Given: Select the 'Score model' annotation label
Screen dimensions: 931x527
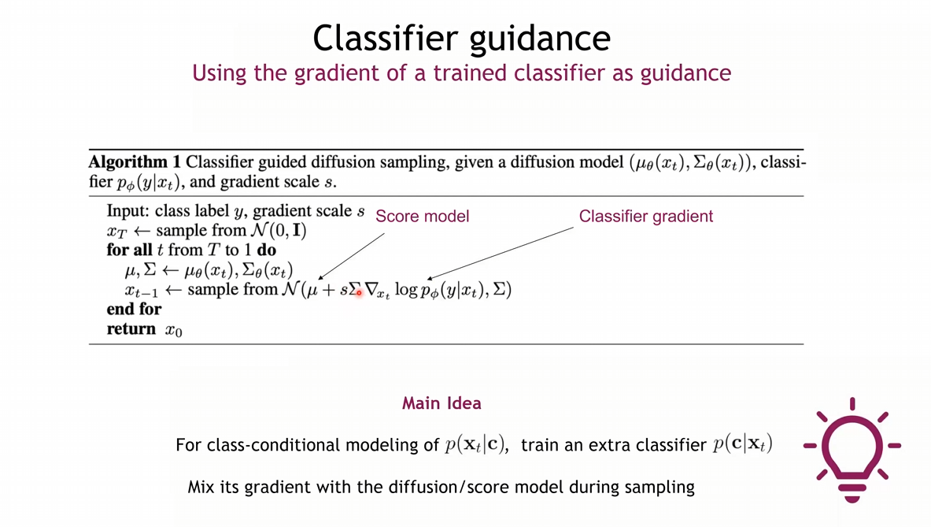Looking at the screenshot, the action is click(422, 217).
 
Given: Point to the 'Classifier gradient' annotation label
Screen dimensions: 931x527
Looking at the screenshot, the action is click(646, 217).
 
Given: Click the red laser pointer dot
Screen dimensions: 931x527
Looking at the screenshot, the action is click(359, 292).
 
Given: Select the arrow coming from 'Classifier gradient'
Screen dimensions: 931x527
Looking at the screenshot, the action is click(500, 253).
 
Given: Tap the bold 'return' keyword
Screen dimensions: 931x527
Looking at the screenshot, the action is click(131, 329).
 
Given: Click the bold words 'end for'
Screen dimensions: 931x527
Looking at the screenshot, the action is click(135, 309).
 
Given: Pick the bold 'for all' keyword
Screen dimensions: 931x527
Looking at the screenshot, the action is click(129, 251).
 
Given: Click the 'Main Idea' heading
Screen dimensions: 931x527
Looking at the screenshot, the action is click(441, 403).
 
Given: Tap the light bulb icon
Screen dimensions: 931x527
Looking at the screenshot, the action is click(852, 450).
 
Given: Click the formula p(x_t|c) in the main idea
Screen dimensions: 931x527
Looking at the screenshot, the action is click(477, 444).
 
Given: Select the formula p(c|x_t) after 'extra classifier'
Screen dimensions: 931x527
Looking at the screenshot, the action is click(743, 443).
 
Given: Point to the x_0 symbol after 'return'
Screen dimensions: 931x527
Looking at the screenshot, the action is click(173, 330).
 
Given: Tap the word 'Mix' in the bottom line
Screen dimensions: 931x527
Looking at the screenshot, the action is click(201, 487).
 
